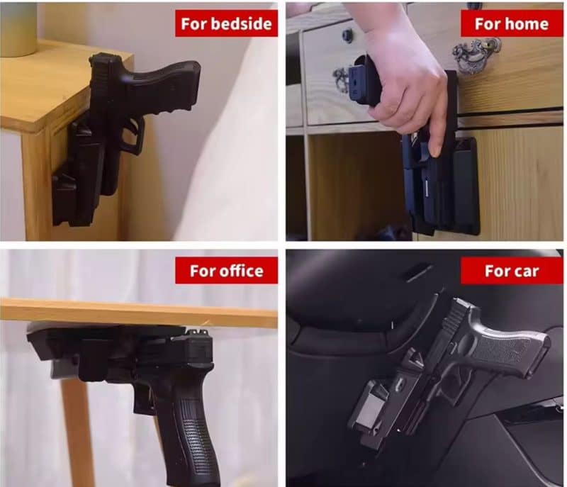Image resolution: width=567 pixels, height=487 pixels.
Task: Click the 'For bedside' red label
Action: pyautogui.click(x=226, y=23)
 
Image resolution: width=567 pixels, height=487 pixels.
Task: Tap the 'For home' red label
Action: pyautogui.click(x=511, y=23)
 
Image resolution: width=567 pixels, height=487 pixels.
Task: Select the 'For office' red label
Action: pyautogui.click(x=226, y=270)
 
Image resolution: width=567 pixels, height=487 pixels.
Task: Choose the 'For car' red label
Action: pyautogui.click(x=511, y=270)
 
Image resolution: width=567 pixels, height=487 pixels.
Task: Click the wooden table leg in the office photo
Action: pyautogui.click(x=77, y=430)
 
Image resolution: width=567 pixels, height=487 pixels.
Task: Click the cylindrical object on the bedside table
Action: pyautogui.click(x=18, y=29)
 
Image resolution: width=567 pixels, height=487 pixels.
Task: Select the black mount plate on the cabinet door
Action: pyautogui.click(x=466, y=184)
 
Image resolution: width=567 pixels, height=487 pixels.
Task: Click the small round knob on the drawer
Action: pyautogui.click(x=347, y=35)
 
